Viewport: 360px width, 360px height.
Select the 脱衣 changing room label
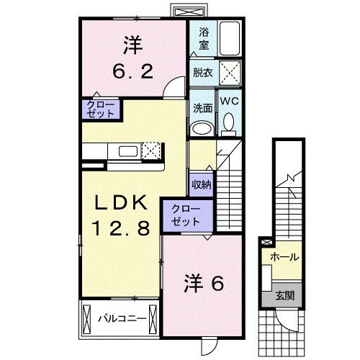[x=202, y=73]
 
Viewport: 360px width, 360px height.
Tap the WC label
[x=229, y=101]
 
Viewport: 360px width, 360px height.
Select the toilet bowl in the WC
[x=229, y=125]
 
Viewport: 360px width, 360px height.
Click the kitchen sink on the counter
[x=130, y=151]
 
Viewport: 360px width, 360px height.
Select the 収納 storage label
[x=201, y=184]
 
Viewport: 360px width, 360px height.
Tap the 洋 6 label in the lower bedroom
[x=204, y=283]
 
